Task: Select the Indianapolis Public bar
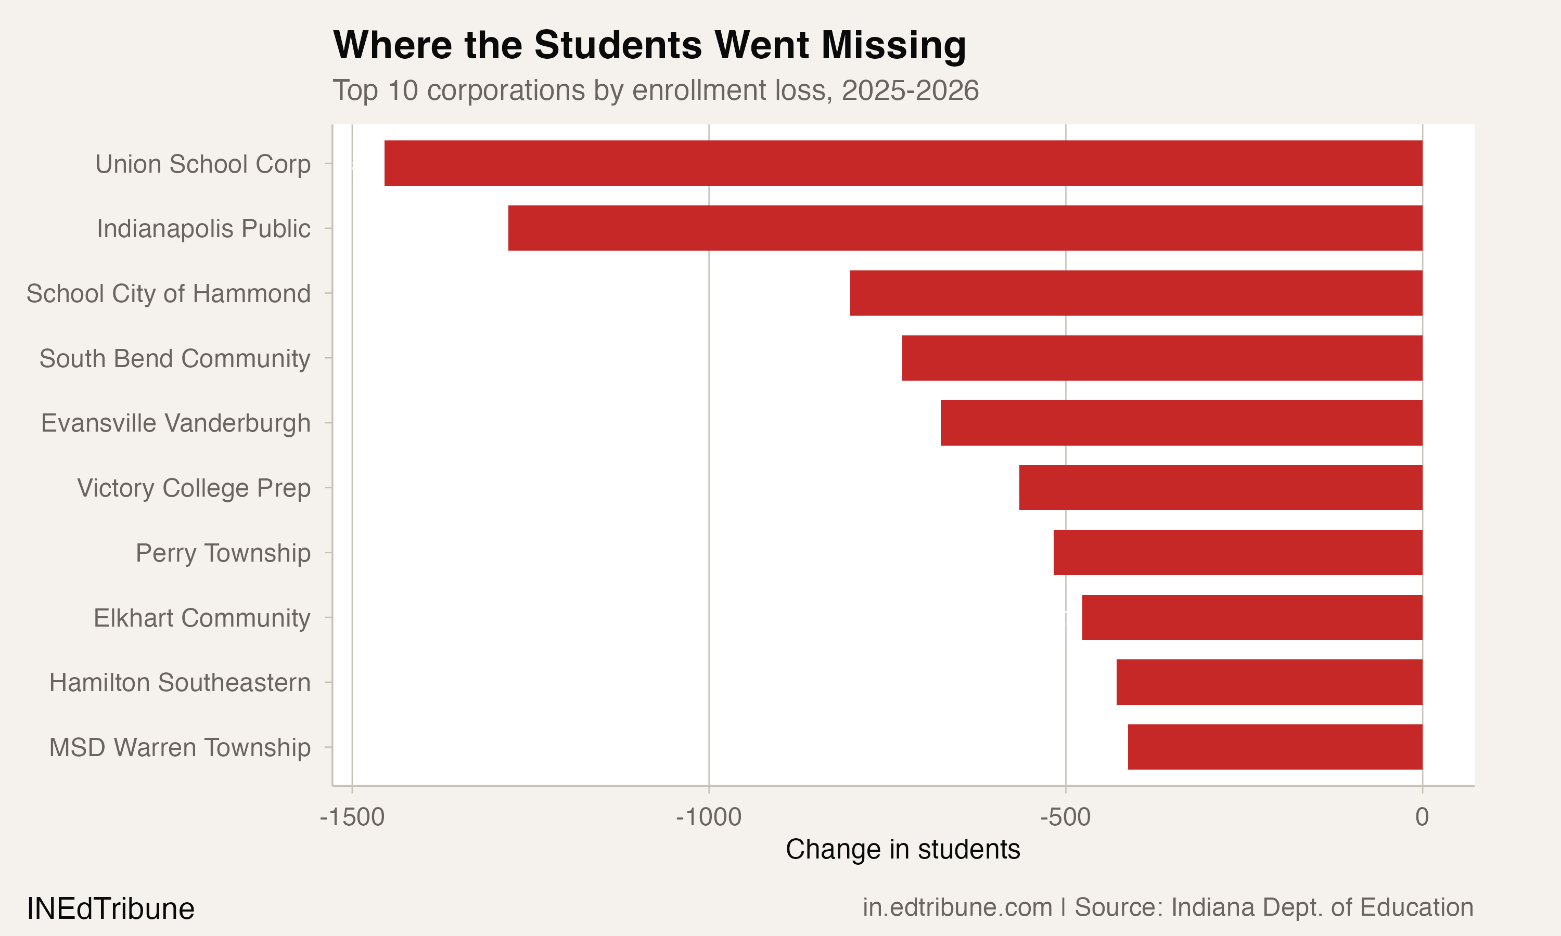coord(965,228)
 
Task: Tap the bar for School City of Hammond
coord(1136,293)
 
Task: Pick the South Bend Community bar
coord(1162,358)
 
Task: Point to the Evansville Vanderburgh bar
coord(1181,423)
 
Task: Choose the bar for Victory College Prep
coord(1220,488)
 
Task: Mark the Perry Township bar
coord(1238,553)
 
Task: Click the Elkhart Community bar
coord(1252,617)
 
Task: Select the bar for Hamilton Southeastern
coord(1269,682)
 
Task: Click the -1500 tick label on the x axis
coord(352,817)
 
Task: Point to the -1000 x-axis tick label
coord(709,817)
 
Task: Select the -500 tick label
coord(1065,817)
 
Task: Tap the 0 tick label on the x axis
coord(1422,817)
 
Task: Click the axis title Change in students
coord(902,850)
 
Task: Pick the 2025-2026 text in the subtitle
coord(910,90)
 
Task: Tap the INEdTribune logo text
coord(110,909)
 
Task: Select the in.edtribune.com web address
coord(957,907)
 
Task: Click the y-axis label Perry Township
coord(223,553)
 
